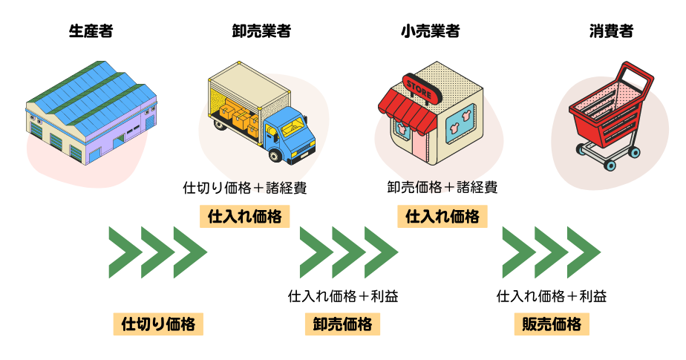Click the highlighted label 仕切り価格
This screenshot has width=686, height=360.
click(x=158, y=324)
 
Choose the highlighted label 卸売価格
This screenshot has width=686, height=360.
click(x=342, y=324)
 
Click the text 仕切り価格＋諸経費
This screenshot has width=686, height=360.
click(x=245, y=188)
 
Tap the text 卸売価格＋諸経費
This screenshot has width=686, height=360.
click(x=442, y=188)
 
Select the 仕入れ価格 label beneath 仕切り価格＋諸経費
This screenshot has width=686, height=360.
click(x=245, y=217)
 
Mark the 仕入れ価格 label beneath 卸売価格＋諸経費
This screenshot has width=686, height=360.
click(x=442, y=217)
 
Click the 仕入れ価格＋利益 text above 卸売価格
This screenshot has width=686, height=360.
click(x=343, y=297)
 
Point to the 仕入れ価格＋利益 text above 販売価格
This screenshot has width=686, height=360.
click(x=552, y=297)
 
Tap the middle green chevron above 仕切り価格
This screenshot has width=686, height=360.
click(x=157, y=252)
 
